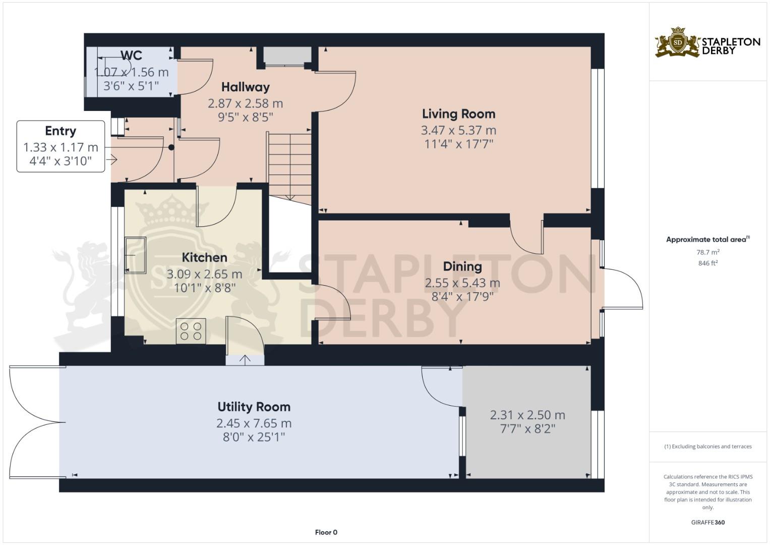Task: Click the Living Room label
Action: (458, 114)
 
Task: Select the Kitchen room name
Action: (204, 257)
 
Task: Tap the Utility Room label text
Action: (254, 407)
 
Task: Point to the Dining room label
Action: (462, 266)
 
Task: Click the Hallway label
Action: (245, 87)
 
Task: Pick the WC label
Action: (131, 56)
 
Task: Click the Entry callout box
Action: (61, 146)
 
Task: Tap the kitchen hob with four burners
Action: (191, 331)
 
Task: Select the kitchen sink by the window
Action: (135, 255)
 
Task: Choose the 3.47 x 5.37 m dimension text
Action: (458, 130)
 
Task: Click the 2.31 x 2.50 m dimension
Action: (527, 415)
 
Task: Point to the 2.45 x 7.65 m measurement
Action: (254, 423)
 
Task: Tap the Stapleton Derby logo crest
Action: (678, 43)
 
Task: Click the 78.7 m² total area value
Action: (707, 252)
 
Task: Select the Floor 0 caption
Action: (326, 532)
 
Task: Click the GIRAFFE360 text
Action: (707, 522)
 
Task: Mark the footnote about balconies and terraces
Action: (707, 447)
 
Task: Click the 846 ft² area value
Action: (707, 263)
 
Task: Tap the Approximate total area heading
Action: (707, 240)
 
